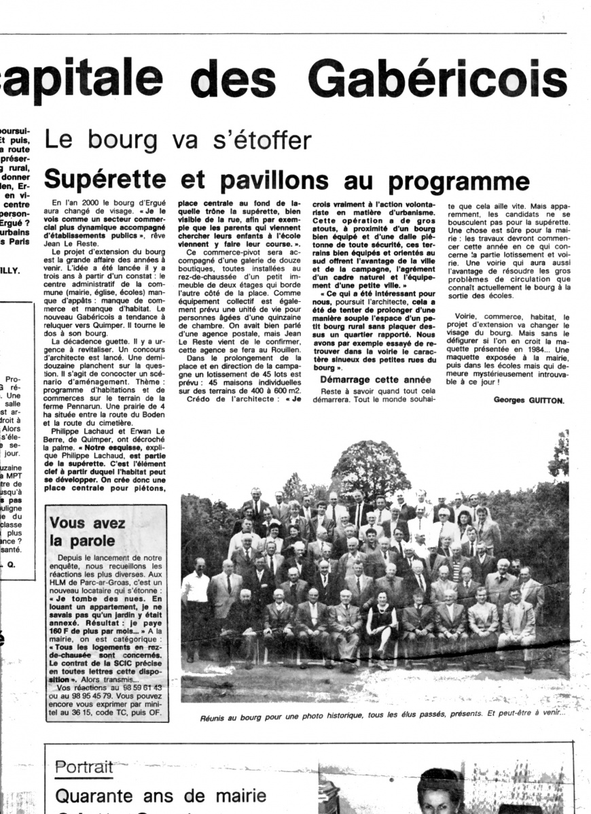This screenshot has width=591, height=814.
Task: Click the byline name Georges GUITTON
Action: (x=528, y=400)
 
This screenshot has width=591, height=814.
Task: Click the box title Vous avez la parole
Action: (x=88, y=532)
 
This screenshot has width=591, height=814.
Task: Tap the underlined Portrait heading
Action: (x=84, y=766)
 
